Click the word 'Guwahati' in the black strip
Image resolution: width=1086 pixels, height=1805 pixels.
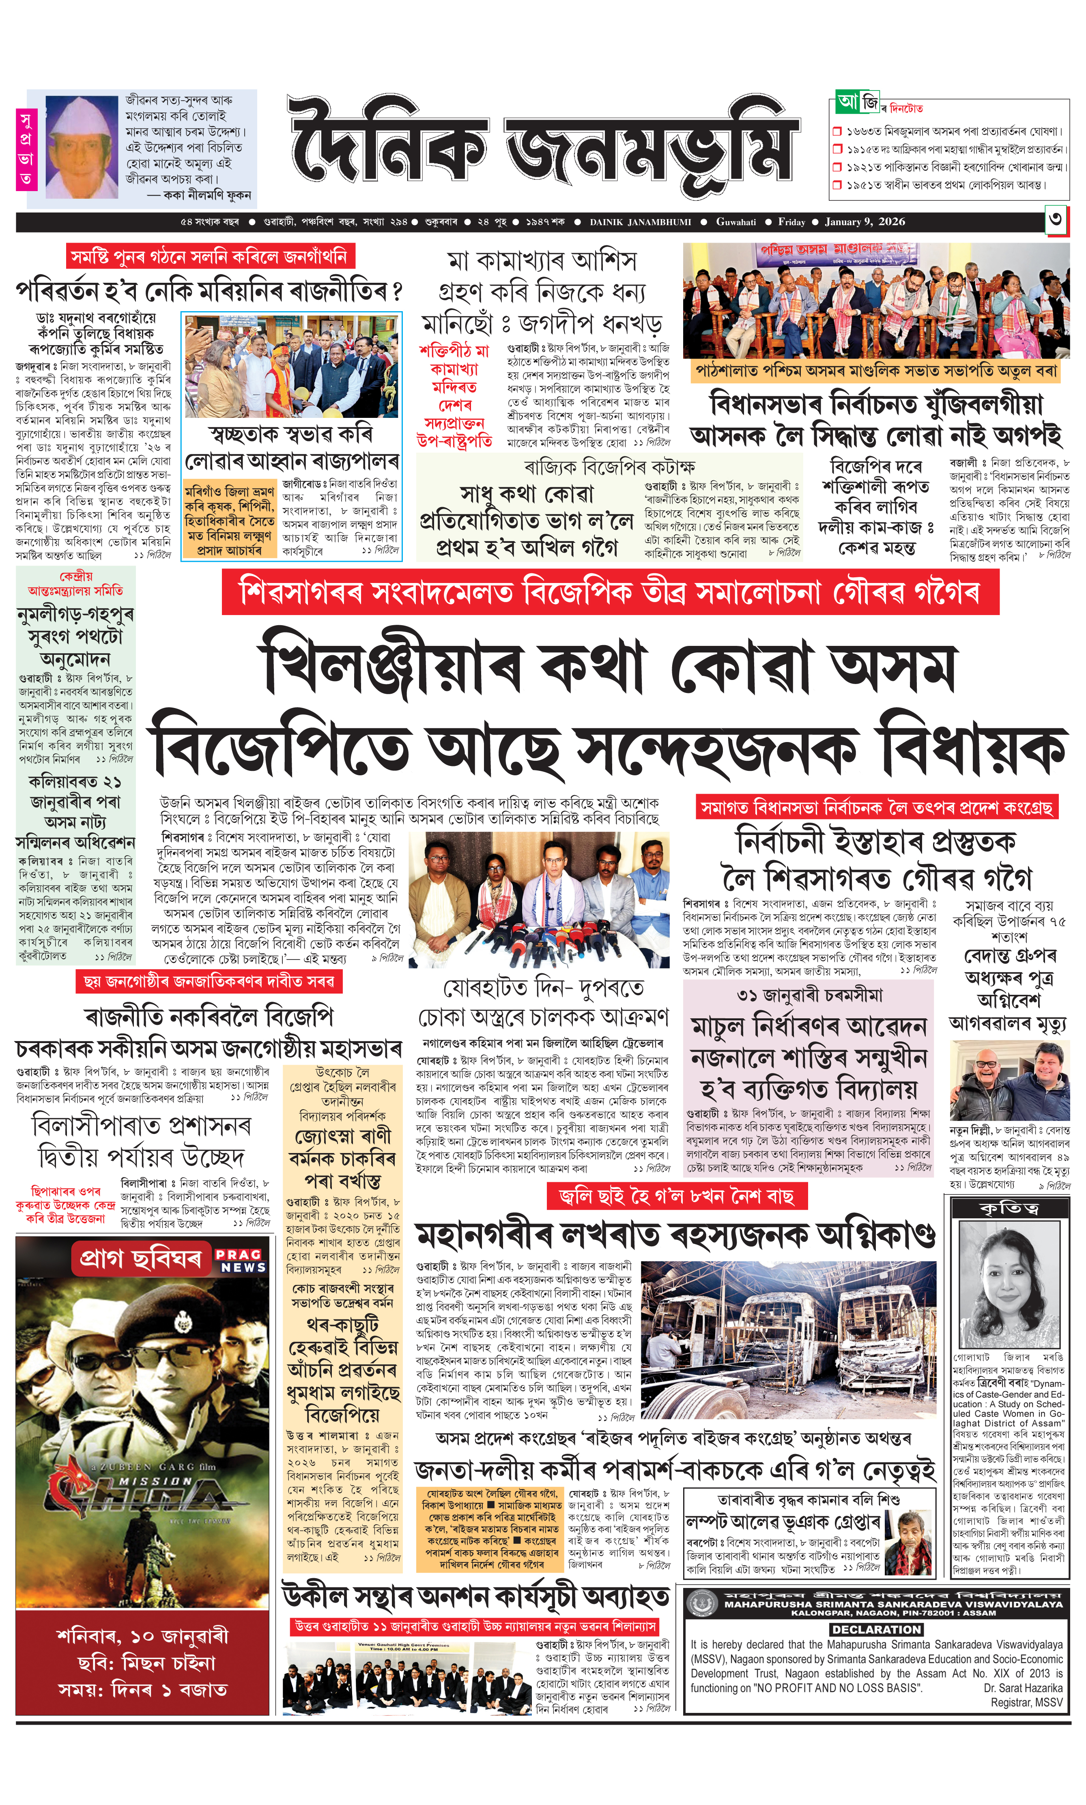735,222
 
